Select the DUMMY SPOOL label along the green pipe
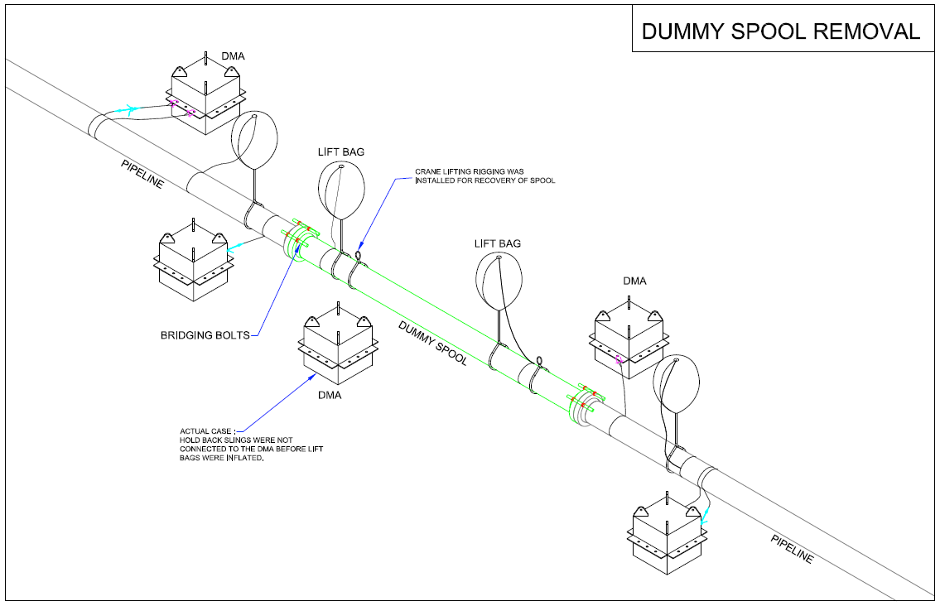click(x=433, y=341)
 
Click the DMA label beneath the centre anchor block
click(x=330, y=395)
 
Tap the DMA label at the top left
click(x=233, y=56)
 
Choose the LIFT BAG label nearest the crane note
click(x=341, y=151)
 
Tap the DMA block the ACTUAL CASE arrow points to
click(x=337, y=343)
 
